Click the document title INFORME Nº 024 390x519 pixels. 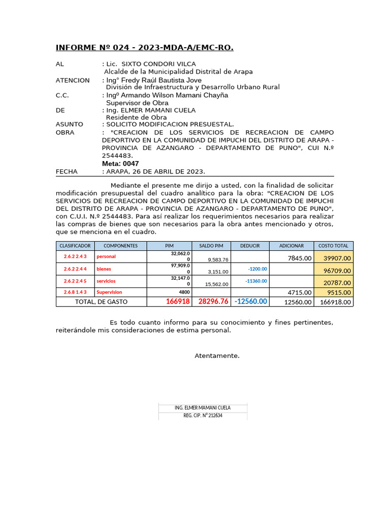[144, 48]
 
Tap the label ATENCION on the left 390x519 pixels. [73, 80]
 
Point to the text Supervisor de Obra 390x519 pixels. [137, 103]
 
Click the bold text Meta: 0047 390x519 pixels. [120, 164]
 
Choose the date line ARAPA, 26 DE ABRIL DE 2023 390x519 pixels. [155, 171]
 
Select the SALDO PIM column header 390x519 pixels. [211, 246]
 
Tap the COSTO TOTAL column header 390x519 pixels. [333, 246]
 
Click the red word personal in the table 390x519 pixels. [106, 257]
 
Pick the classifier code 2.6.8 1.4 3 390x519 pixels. [75, 292]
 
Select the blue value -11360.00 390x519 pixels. [256, 281]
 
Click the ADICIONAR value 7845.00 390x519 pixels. [299, 258]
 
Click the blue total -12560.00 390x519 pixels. [251, 302]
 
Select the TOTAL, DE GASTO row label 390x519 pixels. [101, 302]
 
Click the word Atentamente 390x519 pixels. [217, 356]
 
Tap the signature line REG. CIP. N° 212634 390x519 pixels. [203, 415]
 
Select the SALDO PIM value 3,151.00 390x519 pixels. [218, 272]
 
